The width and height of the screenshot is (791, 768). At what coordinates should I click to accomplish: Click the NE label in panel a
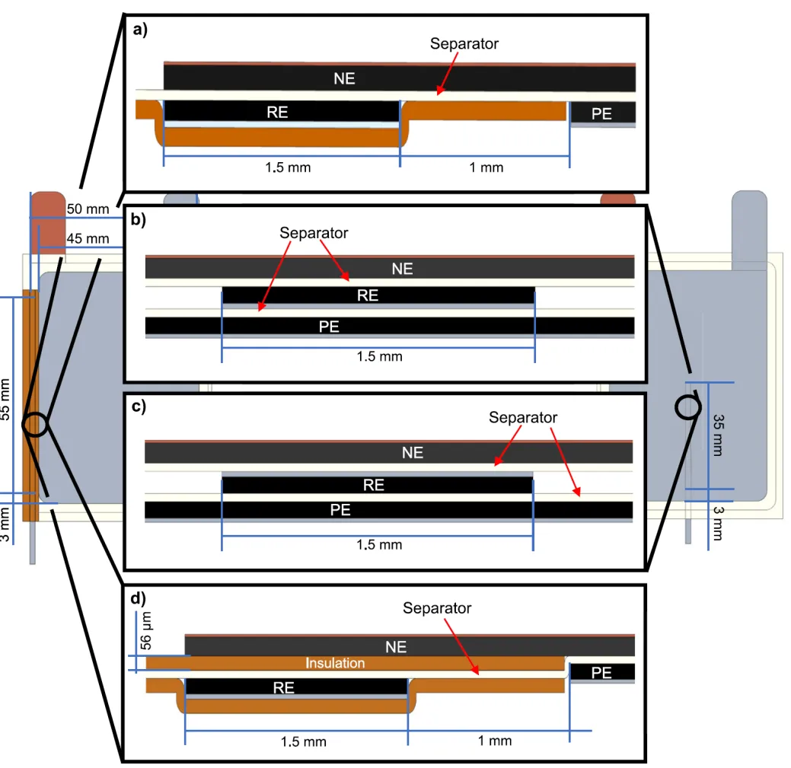[345, 78]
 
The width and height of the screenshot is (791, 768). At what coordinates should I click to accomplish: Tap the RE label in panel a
[277, 112]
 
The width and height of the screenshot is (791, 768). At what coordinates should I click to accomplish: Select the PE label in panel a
[602, 113]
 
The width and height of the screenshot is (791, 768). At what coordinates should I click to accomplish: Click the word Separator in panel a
[464, 44]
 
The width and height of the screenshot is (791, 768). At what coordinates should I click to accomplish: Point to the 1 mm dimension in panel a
[486, 167]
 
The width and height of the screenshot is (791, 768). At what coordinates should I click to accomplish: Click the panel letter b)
[139, 219]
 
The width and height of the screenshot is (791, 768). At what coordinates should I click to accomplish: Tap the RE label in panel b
[368, 295]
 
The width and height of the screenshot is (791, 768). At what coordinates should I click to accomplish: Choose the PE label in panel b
[329, 327]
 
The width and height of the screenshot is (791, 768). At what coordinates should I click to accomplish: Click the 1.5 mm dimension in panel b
[379, 356]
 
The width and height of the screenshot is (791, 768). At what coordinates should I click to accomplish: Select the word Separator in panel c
[523, 418]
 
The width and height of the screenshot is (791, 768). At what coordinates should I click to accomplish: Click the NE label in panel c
[413, 453]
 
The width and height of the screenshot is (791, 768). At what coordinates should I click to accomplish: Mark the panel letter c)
[139, 406]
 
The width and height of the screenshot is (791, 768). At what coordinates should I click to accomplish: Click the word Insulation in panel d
[335, 663]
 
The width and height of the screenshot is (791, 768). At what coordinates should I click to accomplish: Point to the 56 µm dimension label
[145, 631]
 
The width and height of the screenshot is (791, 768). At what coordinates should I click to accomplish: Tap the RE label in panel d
[283, 688]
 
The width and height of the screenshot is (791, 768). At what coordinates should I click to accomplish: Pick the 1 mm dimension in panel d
[495, 741]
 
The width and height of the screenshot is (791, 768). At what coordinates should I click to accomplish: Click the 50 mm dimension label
[88, 209]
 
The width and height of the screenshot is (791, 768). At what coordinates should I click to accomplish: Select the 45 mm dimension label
[88, 238]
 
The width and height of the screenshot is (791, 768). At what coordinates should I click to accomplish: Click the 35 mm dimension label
[719, 435]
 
